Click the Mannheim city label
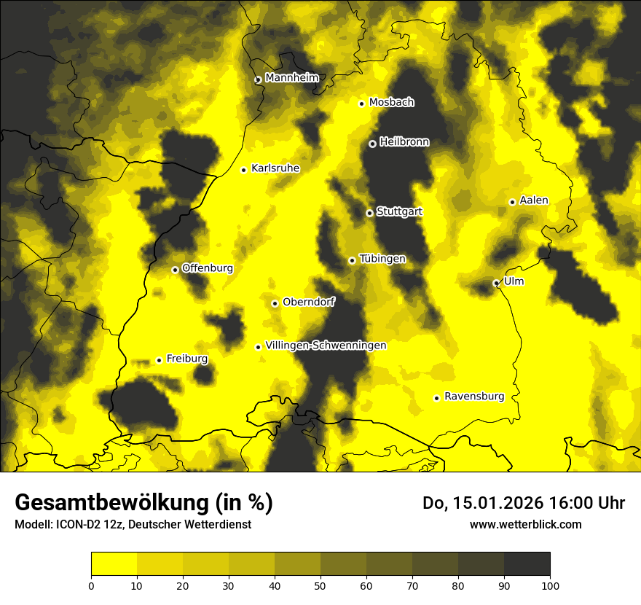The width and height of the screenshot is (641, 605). click(x=292, y=78)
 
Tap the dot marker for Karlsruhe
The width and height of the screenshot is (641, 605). click(x=244, y=170)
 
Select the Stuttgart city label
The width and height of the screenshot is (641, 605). click(x=399, y=212)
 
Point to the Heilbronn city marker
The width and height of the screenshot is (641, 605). click(x=372, y=144)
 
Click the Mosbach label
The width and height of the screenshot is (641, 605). click(x=391, y=103)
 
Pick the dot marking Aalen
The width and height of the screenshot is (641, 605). click(x=512, y=202)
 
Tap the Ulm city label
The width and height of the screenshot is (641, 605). click(x=514, y=281)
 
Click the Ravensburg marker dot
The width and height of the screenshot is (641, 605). click(x=436, y=398)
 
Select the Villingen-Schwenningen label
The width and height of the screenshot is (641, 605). click(x=326, y=346)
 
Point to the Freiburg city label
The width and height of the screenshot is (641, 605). click(x=186, y=359)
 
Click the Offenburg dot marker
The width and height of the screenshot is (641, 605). click(x=175, y=270)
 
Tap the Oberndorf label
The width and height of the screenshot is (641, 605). click(x=308, y=302)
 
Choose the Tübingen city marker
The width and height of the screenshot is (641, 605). click(x=352, y=260)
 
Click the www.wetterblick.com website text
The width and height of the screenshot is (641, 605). click(x=526, y=524)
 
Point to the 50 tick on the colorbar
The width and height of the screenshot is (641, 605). click(x=320, y=585)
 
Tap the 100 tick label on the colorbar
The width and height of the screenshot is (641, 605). click(x=550, y=585)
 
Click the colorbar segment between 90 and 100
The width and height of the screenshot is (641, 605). click(x=527, y=564)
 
